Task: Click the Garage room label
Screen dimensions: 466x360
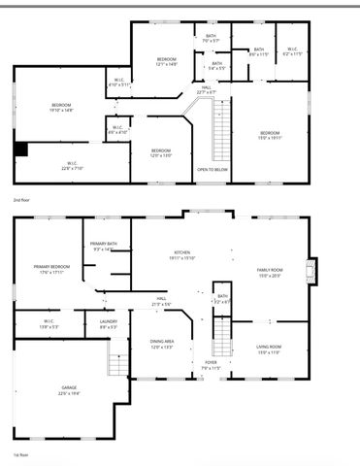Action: (68, 389)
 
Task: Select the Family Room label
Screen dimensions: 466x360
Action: (269, 271)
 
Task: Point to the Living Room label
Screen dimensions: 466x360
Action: (269, 349)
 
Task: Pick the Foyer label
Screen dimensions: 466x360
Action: (212, 366)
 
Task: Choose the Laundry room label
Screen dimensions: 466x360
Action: (108, 324)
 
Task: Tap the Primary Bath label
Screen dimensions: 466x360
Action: (104, 247)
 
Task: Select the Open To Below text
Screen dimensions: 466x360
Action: (213, 169)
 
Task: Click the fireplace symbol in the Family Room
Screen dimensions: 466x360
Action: (311, 268)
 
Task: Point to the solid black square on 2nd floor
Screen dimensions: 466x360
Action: (21, 149)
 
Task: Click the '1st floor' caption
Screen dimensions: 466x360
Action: (20, 453)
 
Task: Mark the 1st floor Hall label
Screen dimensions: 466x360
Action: (163, 301)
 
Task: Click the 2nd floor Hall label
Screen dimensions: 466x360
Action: (206, 90)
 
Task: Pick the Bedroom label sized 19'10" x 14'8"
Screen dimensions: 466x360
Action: (62, 107)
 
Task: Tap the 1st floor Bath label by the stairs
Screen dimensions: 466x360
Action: (222, 299)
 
